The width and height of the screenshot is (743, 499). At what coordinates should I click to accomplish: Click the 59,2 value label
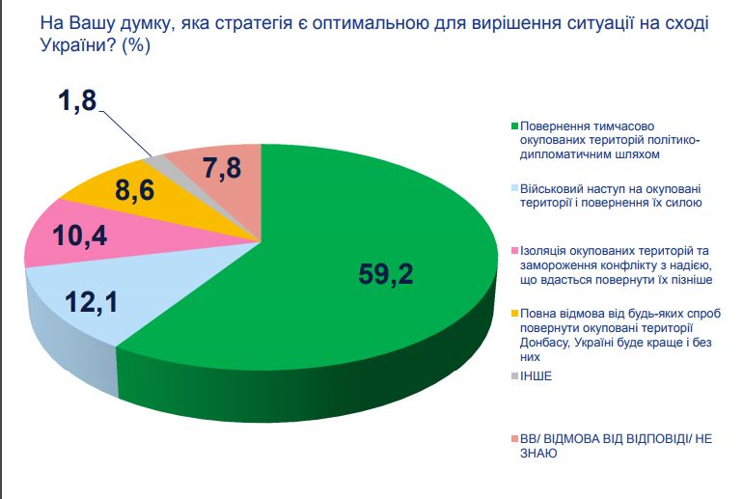pos(385,275)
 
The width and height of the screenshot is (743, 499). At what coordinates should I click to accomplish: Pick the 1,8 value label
pos(77,103)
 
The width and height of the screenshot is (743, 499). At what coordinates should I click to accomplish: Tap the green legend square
pos(514,126)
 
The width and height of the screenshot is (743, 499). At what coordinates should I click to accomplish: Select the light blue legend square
pos(514,189)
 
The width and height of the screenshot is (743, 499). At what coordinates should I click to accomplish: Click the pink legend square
pos(514,251)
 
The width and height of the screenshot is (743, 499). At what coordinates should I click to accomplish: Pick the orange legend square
pos(514,314)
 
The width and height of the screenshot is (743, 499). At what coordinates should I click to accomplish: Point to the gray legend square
pos(514,375)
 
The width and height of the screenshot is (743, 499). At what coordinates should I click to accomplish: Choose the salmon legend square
pos(514,437)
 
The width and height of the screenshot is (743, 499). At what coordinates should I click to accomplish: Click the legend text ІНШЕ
pos(536,375)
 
